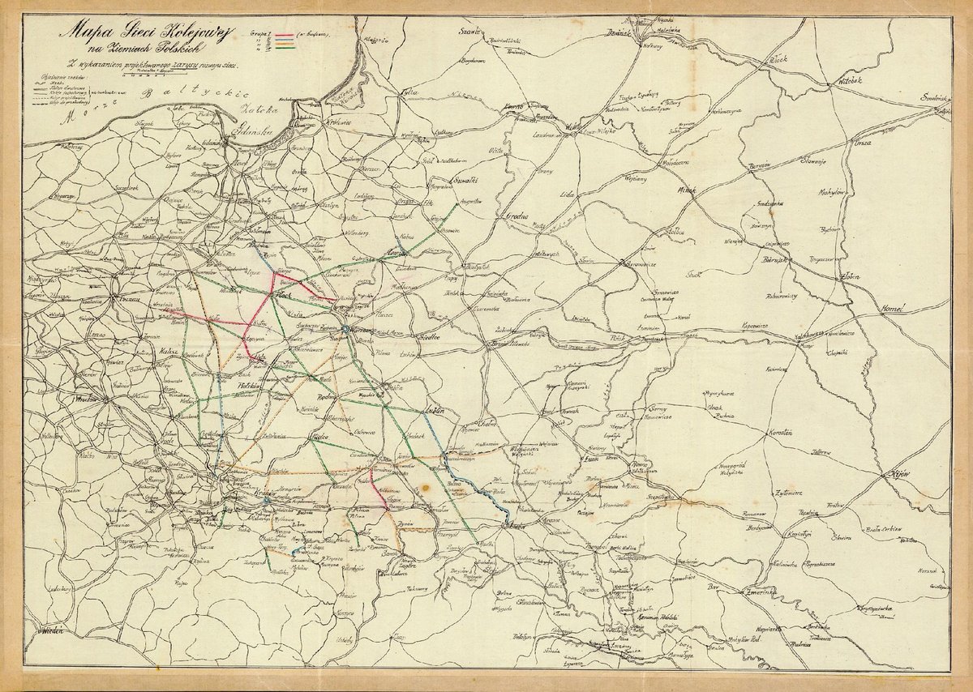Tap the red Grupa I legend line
(283, 36)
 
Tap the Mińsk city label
(687, 190)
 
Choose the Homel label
(897, 310)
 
